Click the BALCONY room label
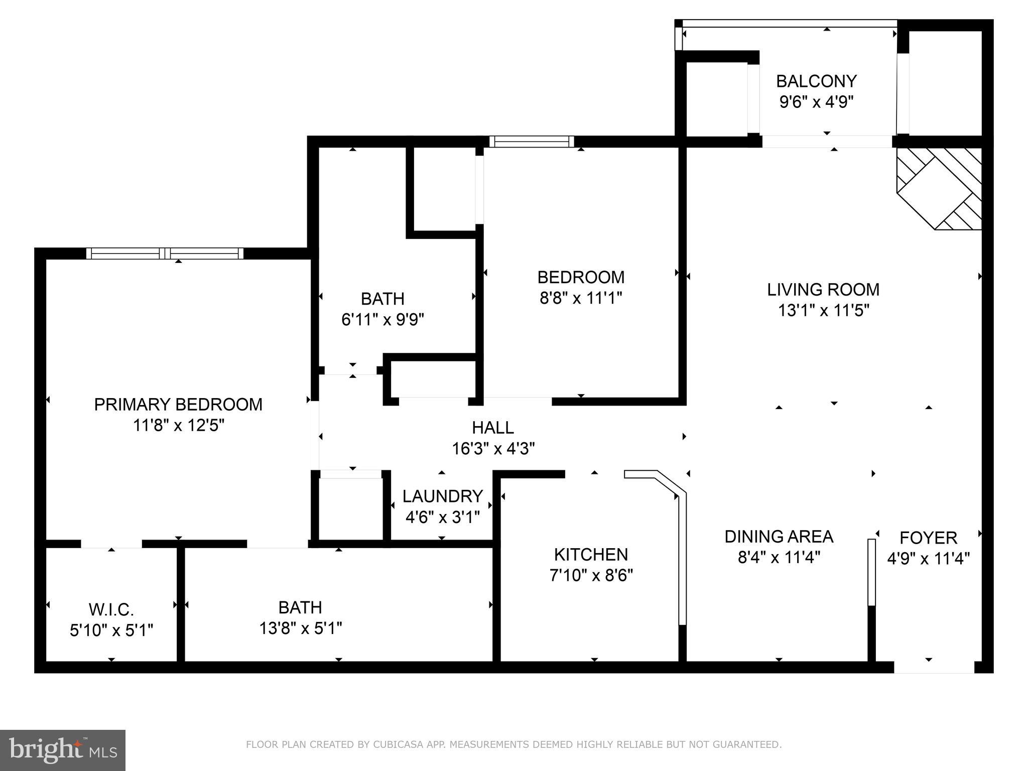pos(816,81)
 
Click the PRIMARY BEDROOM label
pos(178,404)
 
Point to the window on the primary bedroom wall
pos(165,253)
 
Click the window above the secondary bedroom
pos(532,142)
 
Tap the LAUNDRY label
pos(442,496)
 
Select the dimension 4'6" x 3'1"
pos(442,517)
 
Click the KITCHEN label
pos(591,554)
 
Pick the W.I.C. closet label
pos(111,609)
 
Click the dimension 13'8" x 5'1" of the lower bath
pos(300,628)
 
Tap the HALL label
pos(493,427)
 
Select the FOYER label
pos(928,538)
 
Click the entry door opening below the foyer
pos(934,667)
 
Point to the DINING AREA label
pos(779,537)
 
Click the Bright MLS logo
pos(63,750)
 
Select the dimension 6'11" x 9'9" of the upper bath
pos(382,319)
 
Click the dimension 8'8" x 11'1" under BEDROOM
pos(581,298)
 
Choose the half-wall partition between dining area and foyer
pos(871,572)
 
